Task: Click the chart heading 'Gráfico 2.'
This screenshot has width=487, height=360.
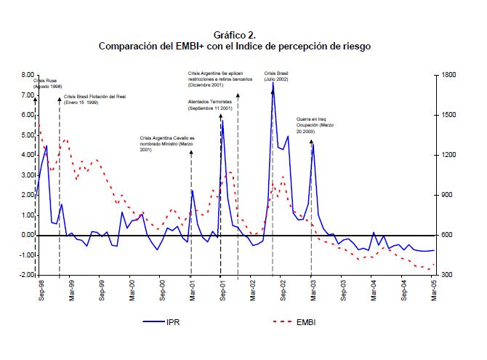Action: click(235, 34)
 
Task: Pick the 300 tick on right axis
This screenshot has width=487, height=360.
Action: click(446, 276)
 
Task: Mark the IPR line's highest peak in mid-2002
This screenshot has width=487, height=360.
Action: click(273, 82)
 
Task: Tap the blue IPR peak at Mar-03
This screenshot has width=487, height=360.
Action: click(313, 143)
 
